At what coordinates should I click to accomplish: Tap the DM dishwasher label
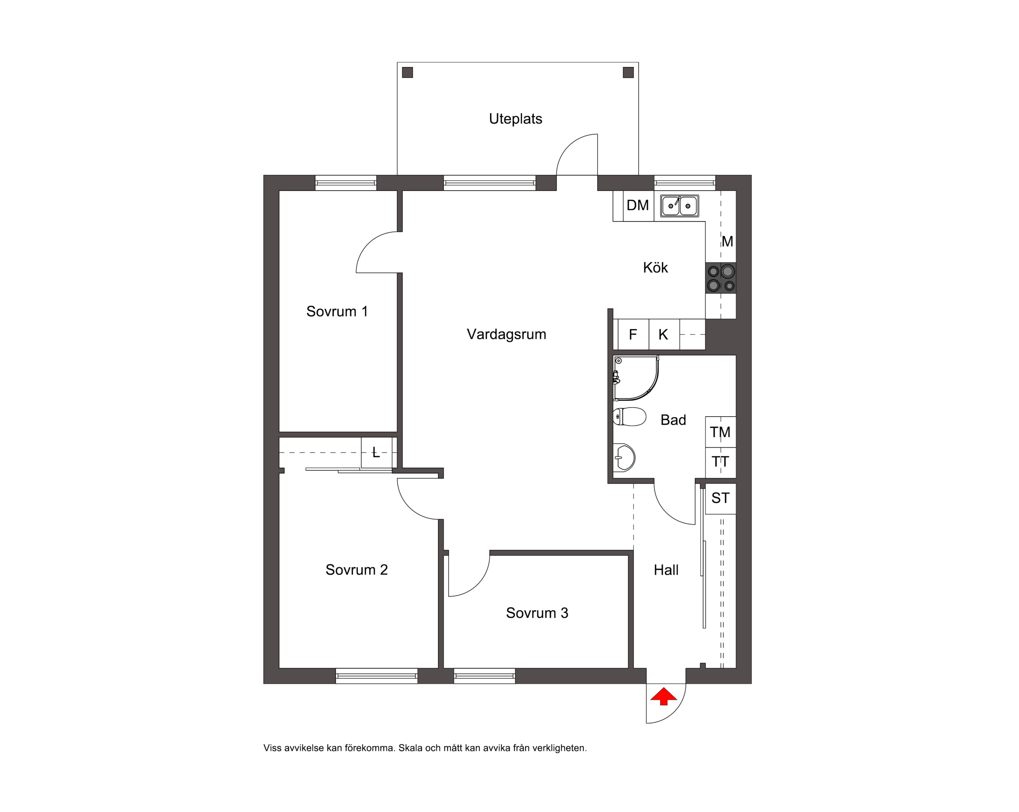pyautogui.click(x=637, y=205)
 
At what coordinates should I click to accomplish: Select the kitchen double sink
pyautogui.click(x=680, y=206)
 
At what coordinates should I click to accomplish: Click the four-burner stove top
pyautogui.click(x=721, y=278)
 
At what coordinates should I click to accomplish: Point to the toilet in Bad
pyautogui.click(x=630, y=417)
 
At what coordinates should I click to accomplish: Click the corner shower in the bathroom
pyautogui.click(x=636, y=378)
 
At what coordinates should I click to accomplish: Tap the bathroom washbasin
pyautogui.click(x=624, y=457)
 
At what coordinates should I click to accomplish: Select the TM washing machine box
pyautogui.click(x=720, y=432)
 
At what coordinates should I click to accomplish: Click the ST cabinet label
pyautogui.click(x=720, y=498)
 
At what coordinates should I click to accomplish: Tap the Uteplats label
pyautogui.click(x=516, y=119)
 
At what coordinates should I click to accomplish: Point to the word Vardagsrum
pyautogui.click(x=507, y=334)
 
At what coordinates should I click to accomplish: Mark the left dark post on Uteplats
pyautogui.click(x=407, y=72)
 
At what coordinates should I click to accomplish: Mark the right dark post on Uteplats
pyautogui.click(x=628, y=72)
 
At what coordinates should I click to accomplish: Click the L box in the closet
pyautogui.click(x=377, y=453)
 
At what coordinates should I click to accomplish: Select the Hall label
pyautogui.click(x=666, y=570)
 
